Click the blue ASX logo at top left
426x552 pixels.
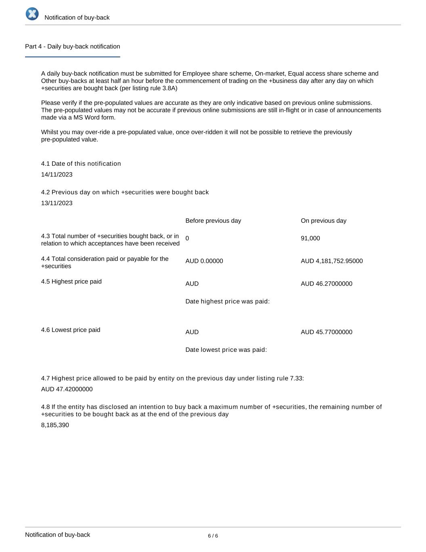tap(32, 14)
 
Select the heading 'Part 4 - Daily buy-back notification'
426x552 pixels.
tap(72, 47)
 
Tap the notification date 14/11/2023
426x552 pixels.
tap(57, 175)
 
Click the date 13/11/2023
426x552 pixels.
tap(57, 203)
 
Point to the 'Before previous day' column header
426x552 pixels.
tap(213, 221)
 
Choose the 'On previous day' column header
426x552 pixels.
tap(323, 221)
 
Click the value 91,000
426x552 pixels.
tap(310, 239)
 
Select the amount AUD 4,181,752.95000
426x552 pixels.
tap(332, 261)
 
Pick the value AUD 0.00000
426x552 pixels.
tap(204, 261)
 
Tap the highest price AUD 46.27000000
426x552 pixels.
tap(326, 284)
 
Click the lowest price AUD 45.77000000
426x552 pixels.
tap(326, 332)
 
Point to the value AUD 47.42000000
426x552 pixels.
tap(67, 389)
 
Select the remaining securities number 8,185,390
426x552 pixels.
tap(55, 425)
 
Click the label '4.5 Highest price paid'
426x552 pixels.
tap(71, 281)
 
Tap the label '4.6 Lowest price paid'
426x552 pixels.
tap(71, 330)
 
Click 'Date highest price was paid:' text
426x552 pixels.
tap(227, 302)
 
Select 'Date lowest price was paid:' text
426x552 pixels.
tap(226, 350)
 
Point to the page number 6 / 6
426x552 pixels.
tap(213, 536)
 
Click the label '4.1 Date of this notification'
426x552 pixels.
tap(81, 164)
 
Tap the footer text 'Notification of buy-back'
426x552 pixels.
tap(57, 535)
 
